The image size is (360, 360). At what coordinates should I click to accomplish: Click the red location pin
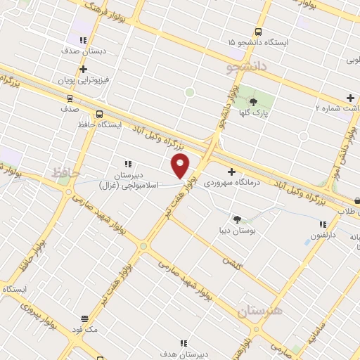[181, 166]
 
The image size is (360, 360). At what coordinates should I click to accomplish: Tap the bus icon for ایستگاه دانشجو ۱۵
[258, 32]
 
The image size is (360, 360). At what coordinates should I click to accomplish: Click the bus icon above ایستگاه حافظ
[99, 114]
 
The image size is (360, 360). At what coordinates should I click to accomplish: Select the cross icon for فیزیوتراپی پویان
[84, 69]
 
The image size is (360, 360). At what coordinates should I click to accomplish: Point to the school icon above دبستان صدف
[84, 41]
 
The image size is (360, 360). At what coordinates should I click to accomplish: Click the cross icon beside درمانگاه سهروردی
[231, 171]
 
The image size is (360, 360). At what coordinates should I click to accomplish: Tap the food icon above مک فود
[85, 318]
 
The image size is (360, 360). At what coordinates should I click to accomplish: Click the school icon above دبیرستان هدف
[184, 343]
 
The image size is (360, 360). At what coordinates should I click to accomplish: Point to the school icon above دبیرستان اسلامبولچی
[127, 163]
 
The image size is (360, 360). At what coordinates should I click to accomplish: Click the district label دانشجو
[243, 68]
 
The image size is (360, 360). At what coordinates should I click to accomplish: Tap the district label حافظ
[67, 172]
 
